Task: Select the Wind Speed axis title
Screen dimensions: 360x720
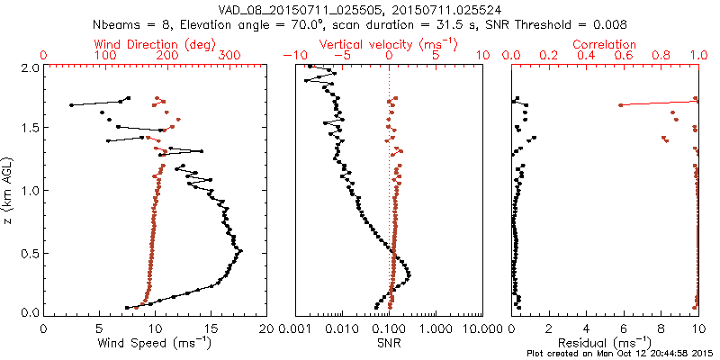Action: coord(156,343)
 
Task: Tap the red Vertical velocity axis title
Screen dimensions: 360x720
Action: coord(389,43)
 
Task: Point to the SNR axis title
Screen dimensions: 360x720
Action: coord(389,343)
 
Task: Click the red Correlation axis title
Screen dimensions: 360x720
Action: coord(606,43)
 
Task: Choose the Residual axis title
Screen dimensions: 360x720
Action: coord(606,343)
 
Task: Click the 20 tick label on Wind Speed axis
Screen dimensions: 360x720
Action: coord(266,328)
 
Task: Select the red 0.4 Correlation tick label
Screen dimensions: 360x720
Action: coord(587,56)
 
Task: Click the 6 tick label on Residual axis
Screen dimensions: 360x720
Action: coord(624,328)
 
